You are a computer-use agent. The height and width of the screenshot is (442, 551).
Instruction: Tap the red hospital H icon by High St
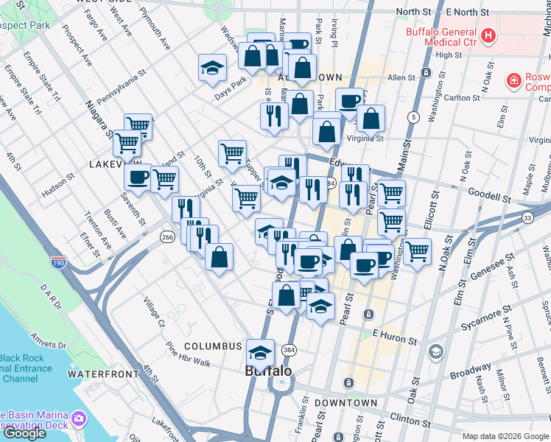[488, 35]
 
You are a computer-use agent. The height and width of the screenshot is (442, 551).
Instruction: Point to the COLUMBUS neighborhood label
[213, 346]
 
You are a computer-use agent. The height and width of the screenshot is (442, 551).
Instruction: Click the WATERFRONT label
[103, 374]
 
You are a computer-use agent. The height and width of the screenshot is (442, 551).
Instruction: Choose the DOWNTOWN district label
[345, 403]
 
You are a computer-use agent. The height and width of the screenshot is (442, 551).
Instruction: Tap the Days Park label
[230, 95]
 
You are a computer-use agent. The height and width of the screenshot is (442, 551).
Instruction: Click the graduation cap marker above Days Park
[212, 68]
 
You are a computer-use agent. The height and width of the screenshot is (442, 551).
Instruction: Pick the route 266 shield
[166, 236]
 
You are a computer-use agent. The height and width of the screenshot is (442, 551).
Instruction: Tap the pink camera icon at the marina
[79, 421]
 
